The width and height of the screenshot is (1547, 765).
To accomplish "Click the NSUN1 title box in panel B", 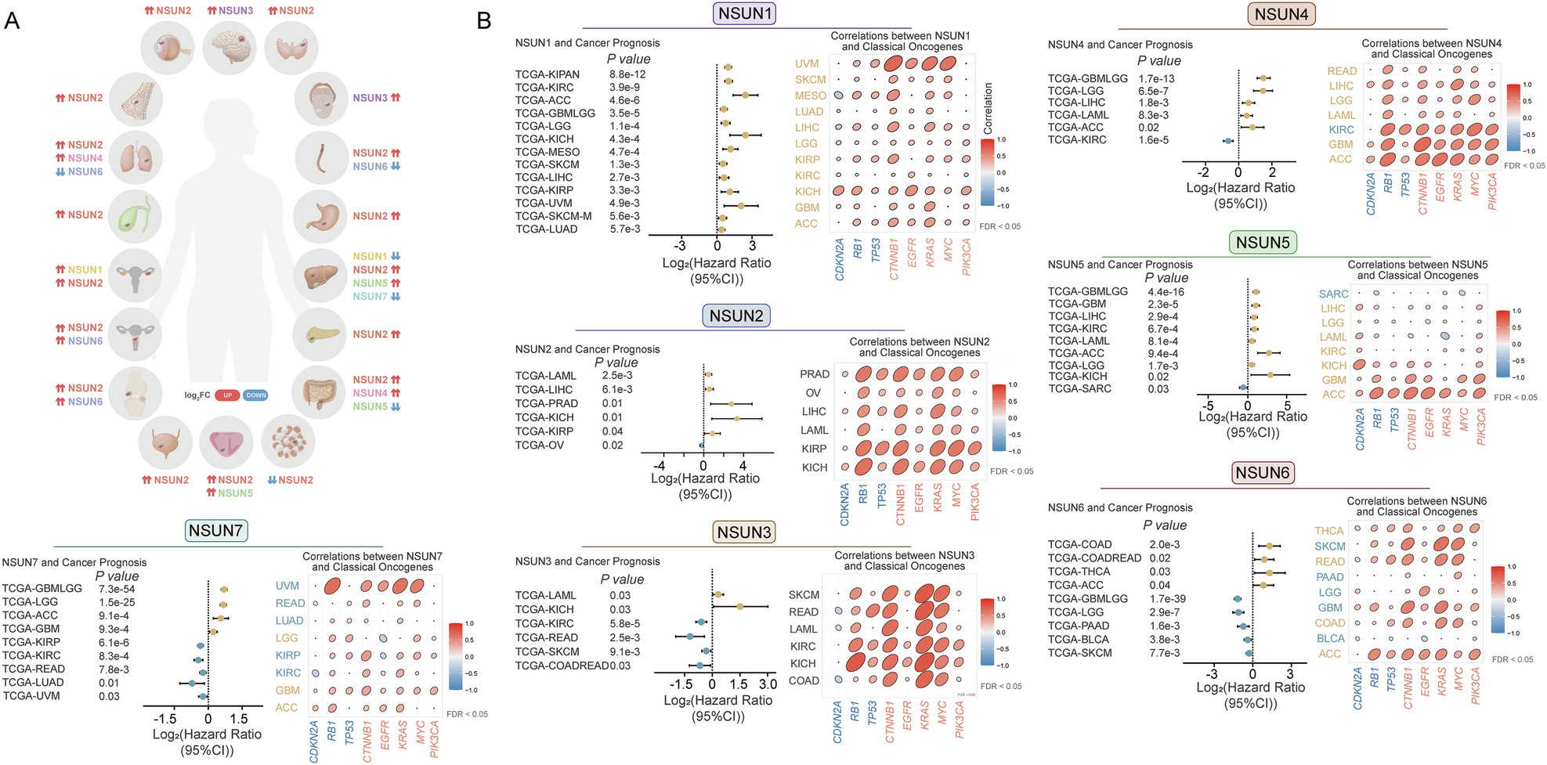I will [x=745, y=13].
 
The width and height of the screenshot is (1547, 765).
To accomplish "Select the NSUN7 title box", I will [x=215, y=531].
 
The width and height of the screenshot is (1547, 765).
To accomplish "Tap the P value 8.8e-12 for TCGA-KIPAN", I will [x=627, y=74].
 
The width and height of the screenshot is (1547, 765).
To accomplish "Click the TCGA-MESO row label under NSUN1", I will [x=548, y=152].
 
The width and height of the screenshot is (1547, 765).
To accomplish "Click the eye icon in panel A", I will [x=168, y=48].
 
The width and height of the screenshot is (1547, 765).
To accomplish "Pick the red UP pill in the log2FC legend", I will [x=227, y=395].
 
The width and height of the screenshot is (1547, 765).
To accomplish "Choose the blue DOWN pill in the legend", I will [x=255, y=395].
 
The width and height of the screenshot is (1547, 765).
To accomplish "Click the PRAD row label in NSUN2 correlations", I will [x=815, y=374].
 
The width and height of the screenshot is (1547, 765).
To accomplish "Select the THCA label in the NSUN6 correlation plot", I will [x=1329, y=531].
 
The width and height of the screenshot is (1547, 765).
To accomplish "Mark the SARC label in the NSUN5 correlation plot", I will [x=1333, y=294].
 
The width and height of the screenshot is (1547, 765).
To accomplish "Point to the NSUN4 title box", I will [x=1281, y=14].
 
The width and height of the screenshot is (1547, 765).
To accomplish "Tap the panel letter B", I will [x=484, y=21].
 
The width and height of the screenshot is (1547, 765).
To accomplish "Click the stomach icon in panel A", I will [x=320, y=215].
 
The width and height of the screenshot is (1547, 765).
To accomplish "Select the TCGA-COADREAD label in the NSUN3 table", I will [x=562, y=666].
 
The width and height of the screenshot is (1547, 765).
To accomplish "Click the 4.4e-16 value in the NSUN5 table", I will [x=1166, y=292].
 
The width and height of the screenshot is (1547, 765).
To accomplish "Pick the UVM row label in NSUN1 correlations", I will [x=807, y=64].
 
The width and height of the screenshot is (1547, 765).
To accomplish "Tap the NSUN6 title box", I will [x=1263, y=473].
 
